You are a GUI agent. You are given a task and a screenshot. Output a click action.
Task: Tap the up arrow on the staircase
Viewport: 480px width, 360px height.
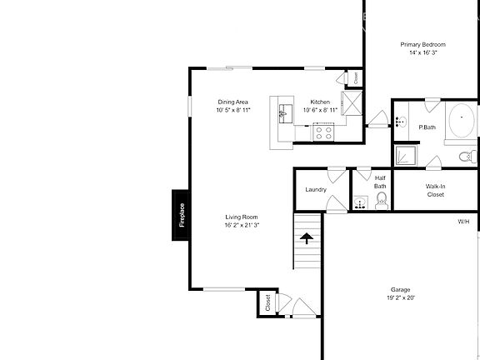click(x=307, y=239)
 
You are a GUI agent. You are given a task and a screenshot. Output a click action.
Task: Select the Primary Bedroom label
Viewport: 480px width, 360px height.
click(x=422, y=44)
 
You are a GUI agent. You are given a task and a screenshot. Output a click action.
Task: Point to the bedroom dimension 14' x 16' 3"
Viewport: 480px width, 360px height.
click(x=422, y=52)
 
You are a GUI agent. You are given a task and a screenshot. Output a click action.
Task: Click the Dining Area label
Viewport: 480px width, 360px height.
click(x=232, y=102)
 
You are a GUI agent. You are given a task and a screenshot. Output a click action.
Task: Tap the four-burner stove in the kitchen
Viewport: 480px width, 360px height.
click(x=322, y=131)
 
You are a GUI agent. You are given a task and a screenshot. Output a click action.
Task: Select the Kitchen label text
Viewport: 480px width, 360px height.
click(x=321, y=102)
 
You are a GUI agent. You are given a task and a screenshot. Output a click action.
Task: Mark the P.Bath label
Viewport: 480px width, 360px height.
click(x=427, y=127)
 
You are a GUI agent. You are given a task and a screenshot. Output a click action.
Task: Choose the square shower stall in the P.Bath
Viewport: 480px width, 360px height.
click(x=406, y=155)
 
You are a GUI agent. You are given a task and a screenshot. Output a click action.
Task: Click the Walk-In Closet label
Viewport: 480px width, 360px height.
click(x=435, y=191)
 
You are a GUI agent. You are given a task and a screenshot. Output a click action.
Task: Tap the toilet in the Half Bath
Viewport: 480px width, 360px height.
click(x=381, y=202)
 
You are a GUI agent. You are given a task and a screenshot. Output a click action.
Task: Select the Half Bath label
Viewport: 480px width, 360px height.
click(x=380, y=181)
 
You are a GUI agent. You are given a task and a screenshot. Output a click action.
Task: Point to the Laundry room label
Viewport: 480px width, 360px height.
click(x=315, y=189)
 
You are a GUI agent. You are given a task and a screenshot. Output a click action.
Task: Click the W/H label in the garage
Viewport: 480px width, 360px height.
click(x=463, y=222)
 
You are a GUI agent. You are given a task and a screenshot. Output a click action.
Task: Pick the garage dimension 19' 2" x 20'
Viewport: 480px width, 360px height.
click(x=401, y=297)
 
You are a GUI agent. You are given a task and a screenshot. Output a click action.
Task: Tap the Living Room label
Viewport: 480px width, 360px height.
click(x=242, y=217)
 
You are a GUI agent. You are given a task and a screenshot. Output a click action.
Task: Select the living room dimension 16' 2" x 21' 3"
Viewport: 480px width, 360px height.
click(x=242, y=225)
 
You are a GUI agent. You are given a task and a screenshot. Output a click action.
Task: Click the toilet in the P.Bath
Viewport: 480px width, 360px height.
click(x=467, y=156)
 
